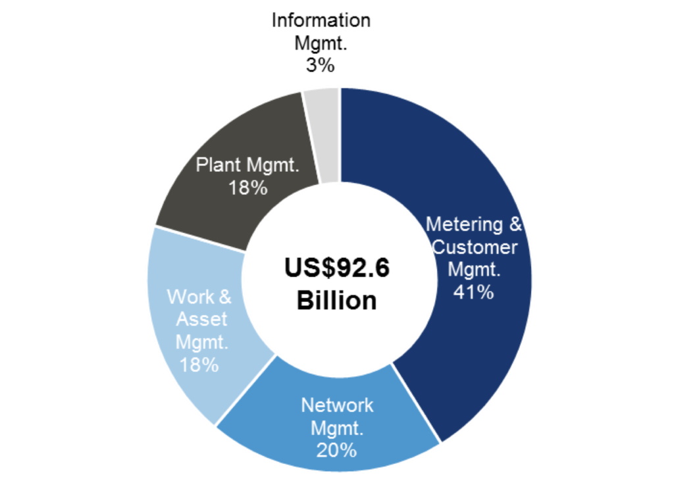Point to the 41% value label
[473, 292]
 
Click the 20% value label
[337, 450]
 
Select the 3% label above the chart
[321, 66]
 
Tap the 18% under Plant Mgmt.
[247, 188]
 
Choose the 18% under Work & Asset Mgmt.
[199, 364]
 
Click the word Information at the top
[321, 20]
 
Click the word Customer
[475, 247]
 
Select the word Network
[337, 405]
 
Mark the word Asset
[201, 319]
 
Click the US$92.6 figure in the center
[337, 269]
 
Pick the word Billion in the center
[337, 301]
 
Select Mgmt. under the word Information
[321, 43]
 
